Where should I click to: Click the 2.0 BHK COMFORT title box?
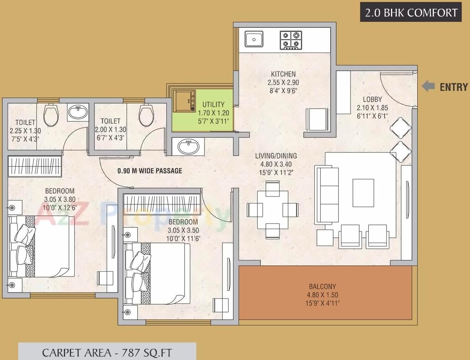[410, 13]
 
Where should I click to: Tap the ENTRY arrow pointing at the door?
[428, 87]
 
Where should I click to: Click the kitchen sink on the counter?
[253, 39]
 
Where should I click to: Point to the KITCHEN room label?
[283, 74]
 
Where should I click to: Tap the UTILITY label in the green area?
[213, 105]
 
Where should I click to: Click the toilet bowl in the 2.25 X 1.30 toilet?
[51, 115]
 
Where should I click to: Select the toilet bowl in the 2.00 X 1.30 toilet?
[146, 115]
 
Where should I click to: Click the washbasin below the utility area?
[188, 147]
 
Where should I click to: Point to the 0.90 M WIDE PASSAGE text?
[150, 171]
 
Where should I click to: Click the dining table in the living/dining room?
[272, 210]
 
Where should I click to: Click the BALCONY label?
[322, 286]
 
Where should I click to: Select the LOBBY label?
[372, 100]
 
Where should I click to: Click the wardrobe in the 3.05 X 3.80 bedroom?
[35, 166]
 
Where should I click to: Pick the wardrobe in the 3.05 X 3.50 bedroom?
[162, 204]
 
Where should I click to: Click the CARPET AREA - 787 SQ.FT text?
[107, 352]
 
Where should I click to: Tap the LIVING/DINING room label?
[275, 156]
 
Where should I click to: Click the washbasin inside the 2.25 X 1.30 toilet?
[78, 112]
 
